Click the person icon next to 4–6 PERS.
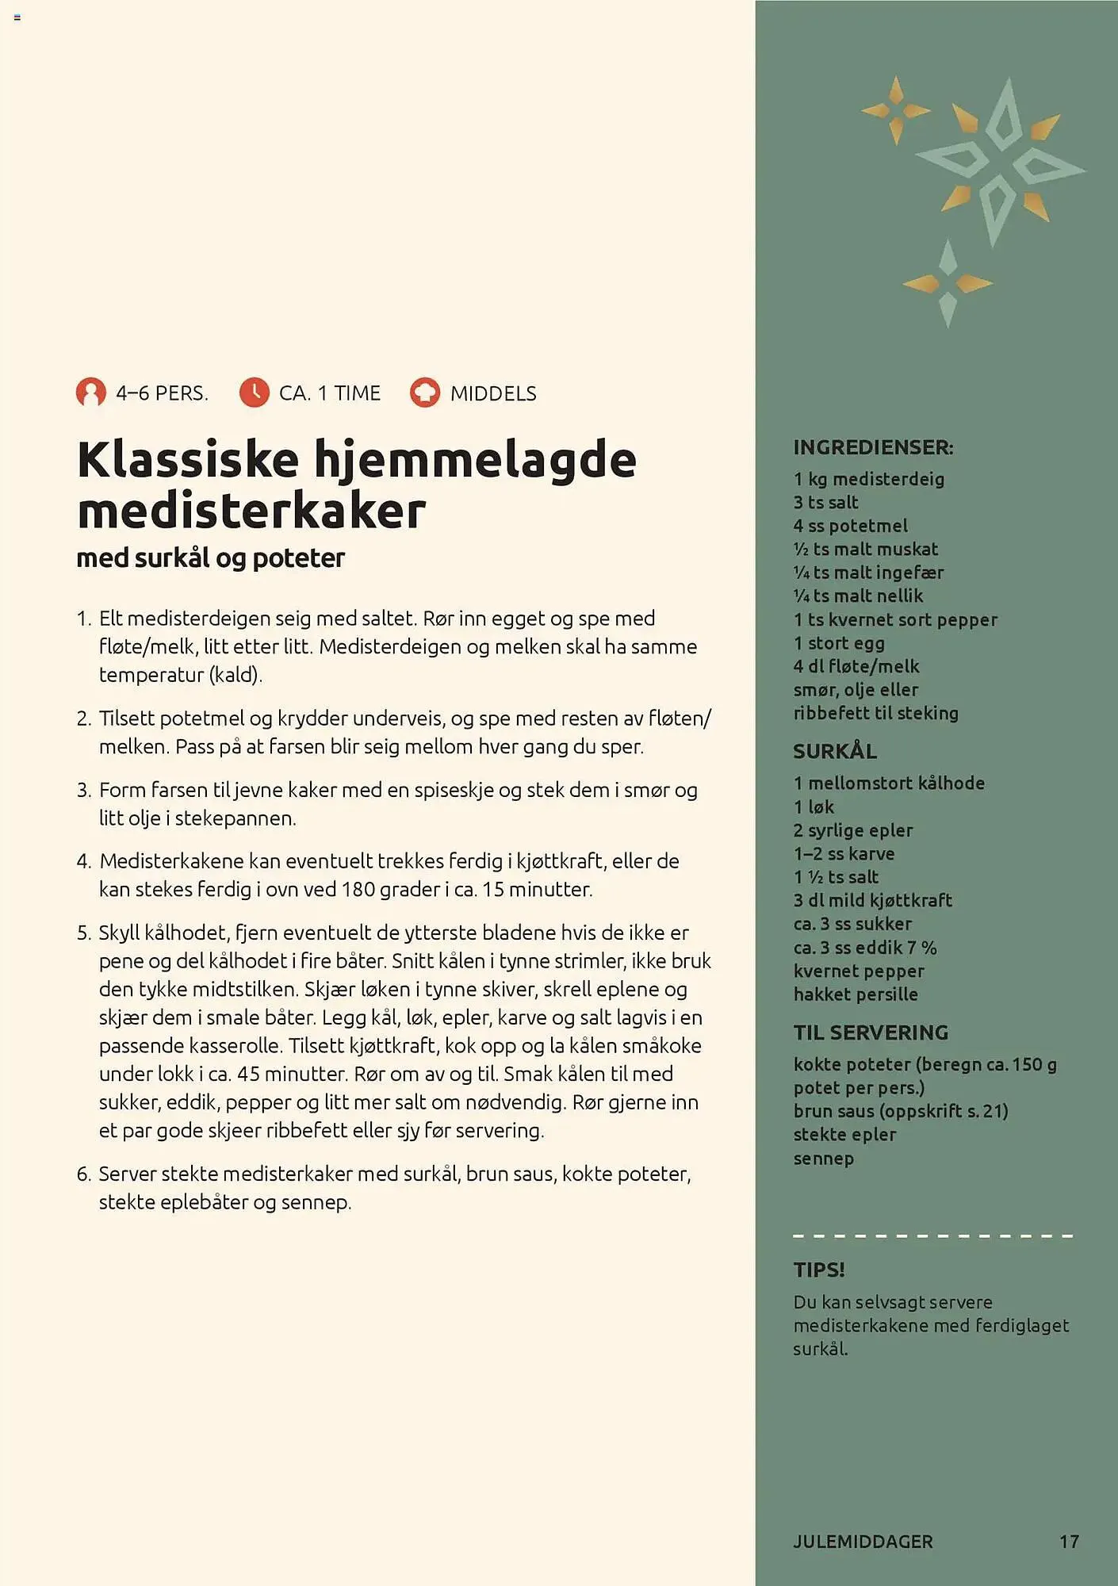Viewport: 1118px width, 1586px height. (91, 393)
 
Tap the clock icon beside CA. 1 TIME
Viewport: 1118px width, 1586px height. (255, 393)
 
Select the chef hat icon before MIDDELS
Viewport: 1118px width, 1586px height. (425, 393)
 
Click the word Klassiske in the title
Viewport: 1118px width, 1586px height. (188, 460)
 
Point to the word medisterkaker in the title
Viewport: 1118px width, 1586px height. (251, 511)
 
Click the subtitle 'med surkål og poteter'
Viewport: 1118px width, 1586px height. (210, 558)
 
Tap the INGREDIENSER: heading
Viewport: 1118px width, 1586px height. (873, 447)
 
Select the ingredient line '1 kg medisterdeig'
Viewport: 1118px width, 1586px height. (869, 479)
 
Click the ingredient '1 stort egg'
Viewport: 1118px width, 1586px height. (839, 643)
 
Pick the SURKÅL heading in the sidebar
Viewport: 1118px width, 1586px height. (835, 751)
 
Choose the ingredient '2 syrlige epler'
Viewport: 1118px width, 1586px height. (853, 830)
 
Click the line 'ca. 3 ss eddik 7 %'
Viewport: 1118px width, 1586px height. (865, 948)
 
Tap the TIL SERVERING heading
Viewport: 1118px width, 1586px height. (871, 1032)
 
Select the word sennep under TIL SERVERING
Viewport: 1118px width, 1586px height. (824, 1159)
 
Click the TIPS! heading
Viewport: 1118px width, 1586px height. (819, 1270)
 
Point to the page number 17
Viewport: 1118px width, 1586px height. (1069, 1542)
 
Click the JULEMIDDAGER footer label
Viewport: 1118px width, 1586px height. (863, 1542)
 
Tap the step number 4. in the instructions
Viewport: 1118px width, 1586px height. (84, 861)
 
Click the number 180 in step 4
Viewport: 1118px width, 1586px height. (358, 890)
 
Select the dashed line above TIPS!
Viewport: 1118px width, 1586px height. (932, 1235)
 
